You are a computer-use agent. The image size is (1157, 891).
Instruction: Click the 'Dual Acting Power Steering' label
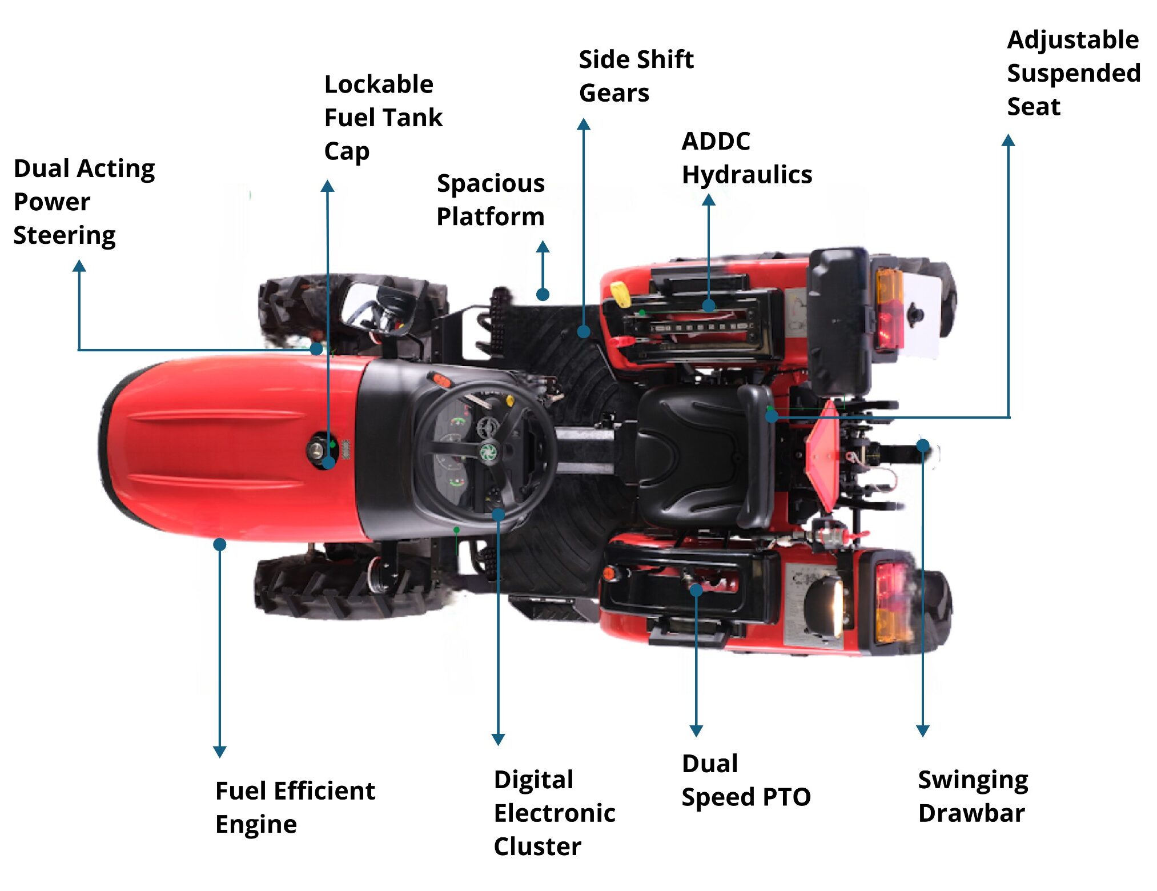pos(84,202)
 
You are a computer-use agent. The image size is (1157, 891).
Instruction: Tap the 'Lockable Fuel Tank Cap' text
pos(383,118)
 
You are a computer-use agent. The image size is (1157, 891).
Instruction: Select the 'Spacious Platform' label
pos(491,200)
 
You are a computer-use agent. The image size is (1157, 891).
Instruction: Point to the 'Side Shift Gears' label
pos(636,76)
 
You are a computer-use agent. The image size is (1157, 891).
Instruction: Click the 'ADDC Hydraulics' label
pos(746,158)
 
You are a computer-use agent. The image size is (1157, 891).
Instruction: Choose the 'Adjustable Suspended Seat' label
pos(1073,73)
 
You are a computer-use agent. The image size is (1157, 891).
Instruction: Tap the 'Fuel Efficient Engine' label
pos(295,807)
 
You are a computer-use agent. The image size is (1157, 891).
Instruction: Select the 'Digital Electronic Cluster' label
pos(554,812)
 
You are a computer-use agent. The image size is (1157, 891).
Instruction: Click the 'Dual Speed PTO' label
pos(746,780)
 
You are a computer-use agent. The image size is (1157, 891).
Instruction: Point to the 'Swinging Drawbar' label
pos(973,796)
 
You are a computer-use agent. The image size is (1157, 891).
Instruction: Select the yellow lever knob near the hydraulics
pos(621,294)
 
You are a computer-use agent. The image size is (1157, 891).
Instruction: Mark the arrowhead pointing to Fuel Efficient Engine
pos(220,752)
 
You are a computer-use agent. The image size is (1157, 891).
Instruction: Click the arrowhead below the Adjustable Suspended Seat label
pos(1009,141)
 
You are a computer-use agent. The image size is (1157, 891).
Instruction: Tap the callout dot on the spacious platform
pos(543,295)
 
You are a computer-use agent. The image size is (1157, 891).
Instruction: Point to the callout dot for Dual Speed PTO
pos(696,590)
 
